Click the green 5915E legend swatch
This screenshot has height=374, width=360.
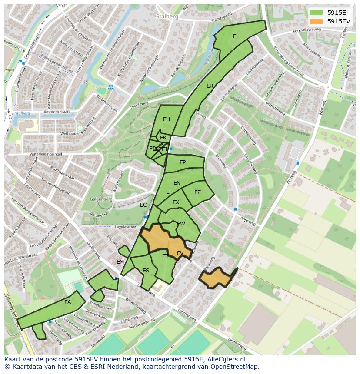(x=316, y=13)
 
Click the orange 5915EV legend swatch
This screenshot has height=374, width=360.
(x=316, y=21)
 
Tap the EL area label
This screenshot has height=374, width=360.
(x=236, y=36)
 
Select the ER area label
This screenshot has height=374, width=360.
(x=210, y=86)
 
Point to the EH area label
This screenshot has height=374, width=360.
(x=166, y=119)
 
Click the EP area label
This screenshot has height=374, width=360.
(x=183, y=162)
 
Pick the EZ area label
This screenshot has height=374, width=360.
(x=197, y=192)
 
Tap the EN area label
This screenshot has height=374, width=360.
(x=177, y=183)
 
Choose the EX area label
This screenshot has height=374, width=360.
(x=176, y=202)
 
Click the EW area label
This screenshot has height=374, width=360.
(x=181, y=224)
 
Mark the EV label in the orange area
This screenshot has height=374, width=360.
(x=180, y=253)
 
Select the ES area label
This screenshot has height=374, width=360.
(x=146, y=271)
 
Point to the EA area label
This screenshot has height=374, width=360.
(x=67, y=302)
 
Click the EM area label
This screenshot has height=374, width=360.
(x=120, y=261)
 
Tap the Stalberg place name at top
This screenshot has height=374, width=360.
(x=164, y=16)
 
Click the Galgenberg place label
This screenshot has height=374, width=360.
(x=101, y=199)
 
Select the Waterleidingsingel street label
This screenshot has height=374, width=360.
(x=47, y=153)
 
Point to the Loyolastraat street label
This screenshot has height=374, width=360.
(x=125, y=227)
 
